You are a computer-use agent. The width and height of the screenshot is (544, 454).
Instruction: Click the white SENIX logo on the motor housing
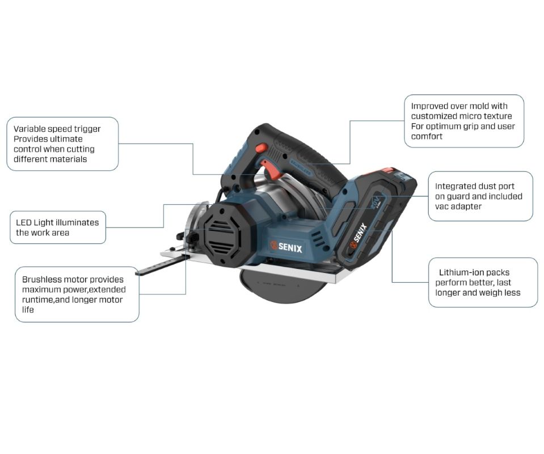[286, 247]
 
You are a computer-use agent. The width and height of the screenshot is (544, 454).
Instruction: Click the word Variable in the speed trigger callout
[29, 129]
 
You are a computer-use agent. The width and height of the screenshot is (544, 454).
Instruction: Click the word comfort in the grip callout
[427, 136]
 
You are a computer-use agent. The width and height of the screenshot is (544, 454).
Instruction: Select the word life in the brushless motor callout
[28, 310]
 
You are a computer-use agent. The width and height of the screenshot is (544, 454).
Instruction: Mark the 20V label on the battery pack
[376, 202]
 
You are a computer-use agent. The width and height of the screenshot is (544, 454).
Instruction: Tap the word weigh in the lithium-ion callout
[490, 293]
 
